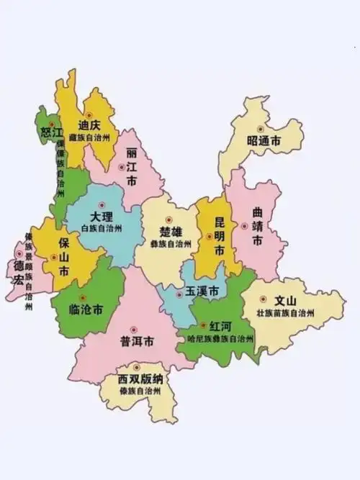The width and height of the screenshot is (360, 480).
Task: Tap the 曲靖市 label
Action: (x=258, y=227)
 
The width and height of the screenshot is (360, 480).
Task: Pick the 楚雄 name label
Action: (x=171, y=232)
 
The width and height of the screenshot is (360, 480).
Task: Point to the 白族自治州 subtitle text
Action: (x=102, y=228)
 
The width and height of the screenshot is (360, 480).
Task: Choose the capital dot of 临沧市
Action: (x=81, y=296)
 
